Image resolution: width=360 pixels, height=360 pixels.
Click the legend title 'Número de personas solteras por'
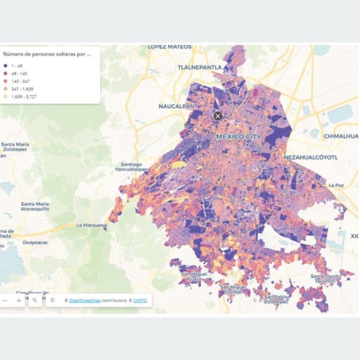click(x=46, y=53)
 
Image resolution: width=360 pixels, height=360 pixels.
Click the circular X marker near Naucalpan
click(x=218, y=115)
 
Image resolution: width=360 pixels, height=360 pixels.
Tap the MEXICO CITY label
click(x=238, y=137)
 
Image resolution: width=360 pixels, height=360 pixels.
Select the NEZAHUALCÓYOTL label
click(x=308, y=157)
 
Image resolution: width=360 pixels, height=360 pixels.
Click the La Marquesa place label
click(x=91, y=226)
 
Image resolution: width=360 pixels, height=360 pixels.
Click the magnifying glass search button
click(x=35, y=299)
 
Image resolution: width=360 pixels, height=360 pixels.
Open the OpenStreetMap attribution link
click(x=85, y=300)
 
